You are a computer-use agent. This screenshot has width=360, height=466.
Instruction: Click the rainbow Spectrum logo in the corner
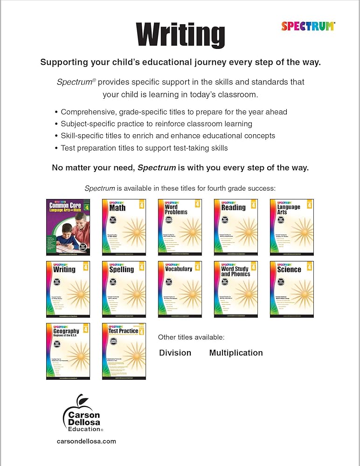coord(308,26)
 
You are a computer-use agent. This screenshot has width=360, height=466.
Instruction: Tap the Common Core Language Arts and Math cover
coord(68,227)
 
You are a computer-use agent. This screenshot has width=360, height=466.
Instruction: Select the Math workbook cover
coord(124,227)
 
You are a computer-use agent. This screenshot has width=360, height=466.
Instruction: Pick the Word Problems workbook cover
coord(180,227)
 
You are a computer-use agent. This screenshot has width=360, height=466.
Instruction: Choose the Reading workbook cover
coord(235,227)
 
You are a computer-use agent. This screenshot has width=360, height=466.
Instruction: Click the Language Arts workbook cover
coord(291,227)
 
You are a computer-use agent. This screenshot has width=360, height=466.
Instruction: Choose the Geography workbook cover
coord(68,351)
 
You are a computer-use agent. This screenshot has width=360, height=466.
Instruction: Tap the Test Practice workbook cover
coord(124,351)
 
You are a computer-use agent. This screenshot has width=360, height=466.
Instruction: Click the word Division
coord(175,353)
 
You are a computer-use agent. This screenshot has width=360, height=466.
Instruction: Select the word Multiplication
coord(235,353)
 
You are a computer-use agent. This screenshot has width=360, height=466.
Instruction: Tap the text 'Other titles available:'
coord(191,337)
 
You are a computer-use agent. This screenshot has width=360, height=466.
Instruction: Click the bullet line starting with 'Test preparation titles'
coord(144,148)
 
